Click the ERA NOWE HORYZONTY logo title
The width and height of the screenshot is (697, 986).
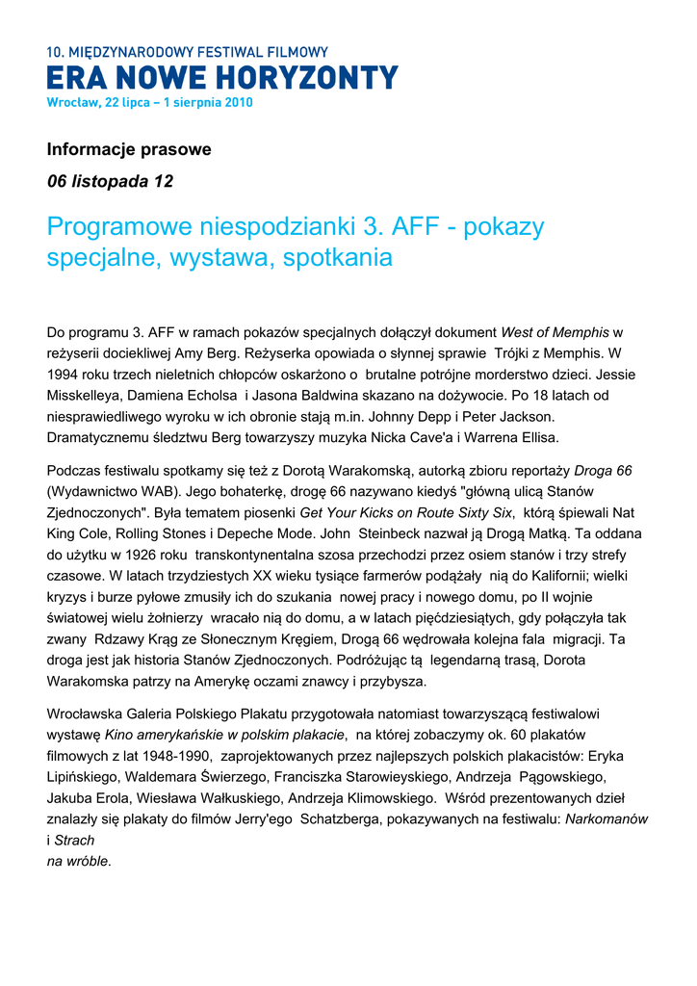coord(222,78)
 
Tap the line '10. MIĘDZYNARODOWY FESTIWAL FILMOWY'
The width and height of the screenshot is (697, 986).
coord(188,52)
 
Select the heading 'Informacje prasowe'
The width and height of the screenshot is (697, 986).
coord(129,150)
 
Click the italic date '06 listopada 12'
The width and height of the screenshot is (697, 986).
coord(111,181)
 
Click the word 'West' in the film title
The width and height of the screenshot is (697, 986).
coord(518,333)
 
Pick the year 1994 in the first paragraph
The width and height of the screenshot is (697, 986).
coord(64,374)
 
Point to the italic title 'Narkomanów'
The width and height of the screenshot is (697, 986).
coord(606,818)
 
